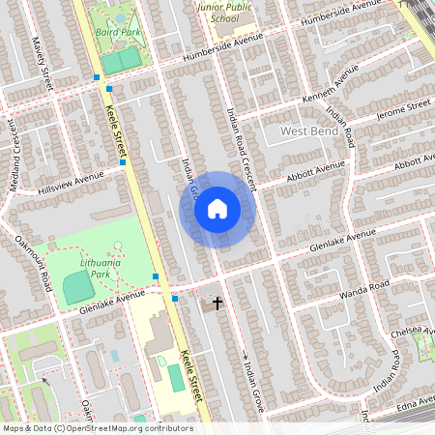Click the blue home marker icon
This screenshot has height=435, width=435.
[x=217, y=209]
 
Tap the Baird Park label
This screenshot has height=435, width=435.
[x=119, y=31]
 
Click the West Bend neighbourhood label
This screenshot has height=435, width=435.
[x=309, y=130]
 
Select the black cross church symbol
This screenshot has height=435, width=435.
[x=217, y=304]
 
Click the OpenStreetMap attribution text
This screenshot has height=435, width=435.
[x=97, y=427]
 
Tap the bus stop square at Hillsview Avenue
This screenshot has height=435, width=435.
[x=122, y=163]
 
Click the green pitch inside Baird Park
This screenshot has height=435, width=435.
[x=120, y=61]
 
